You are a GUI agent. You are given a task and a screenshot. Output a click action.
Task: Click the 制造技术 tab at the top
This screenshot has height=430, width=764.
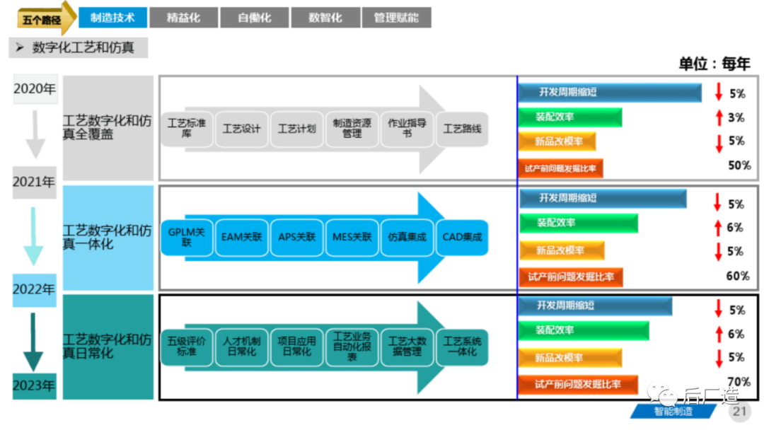(112, 18)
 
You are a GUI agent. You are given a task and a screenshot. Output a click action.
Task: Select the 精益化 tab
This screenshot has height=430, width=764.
(183, 18)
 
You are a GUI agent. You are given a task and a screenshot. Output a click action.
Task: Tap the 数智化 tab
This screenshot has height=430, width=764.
(325, 18)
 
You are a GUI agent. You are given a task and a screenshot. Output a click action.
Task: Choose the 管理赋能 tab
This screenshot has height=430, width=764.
(396, 18)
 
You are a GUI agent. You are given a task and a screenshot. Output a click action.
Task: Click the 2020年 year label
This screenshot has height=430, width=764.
(34, 89)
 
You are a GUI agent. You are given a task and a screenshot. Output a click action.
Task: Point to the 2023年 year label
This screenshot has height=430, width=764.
(34, 386)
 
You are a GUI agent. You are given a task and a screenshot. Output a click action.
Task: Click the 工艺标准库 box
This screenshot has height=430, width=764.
(187, 128)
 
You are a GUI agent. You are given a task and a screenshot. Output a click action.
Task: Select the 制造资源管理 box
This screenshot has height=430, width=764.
(352, 128)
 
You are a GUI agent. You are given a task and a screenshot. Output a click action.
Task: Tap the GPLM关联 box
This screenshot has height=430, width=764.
(187, 237)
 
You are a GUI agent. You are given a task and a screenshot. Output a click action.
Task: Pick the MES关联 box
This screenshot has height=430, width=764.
(352, 237)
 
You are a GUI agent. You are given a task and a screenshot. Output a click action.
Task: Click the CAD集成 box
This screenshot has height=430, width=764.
(462, 237)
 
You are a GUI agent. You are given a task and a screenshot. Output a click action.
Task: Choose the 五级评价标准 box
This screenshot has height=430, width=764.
(187, 347)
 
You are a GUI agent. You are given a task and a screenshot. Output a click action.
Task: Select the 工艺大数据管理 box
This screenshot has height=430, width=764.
(407, 347)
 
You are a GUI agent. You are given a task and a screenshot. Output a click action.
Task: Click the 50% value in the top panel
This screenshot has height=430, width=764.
(739, 165)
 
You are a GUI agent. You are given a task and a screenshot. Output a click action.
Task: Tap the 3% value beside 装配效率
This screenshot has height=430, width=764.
(736, 117)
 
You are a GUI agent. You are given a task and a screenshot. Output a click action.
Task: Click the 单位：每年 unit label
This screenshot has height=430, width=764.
(714, 63)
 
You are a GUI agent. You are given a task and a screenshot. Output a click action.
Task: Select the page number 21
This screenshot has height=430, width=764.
(739, 411)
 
